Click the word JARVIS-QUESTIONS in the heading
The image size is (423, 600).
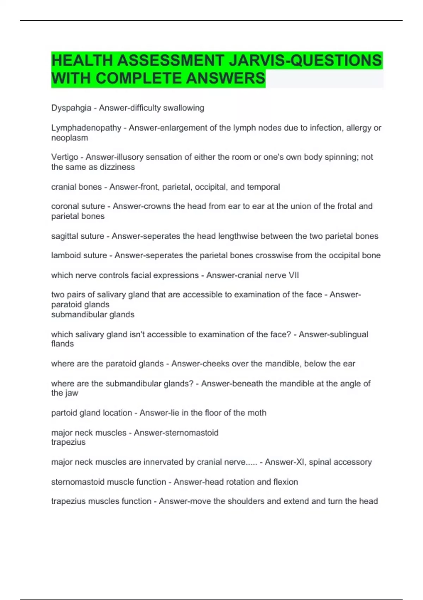click(x=305, y=60)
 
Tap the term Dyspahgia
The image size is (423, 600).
click(x=71, y=108)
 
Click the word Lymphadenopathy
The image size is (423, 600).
click(x=86, y=128)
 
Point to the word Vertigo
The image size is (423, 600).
click(x=65, y=157)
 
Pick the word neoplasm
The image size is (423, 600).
click(x=69, y=138)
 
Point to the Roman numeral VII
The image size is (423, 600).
click(x=294, y=275)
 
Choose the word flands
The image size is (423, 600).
click(x=62, y=344)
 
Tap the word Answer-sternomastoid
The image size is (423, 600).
click(x=176, y=433)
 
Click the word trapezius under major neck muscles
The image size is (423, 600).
click(x=68, y=442)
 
